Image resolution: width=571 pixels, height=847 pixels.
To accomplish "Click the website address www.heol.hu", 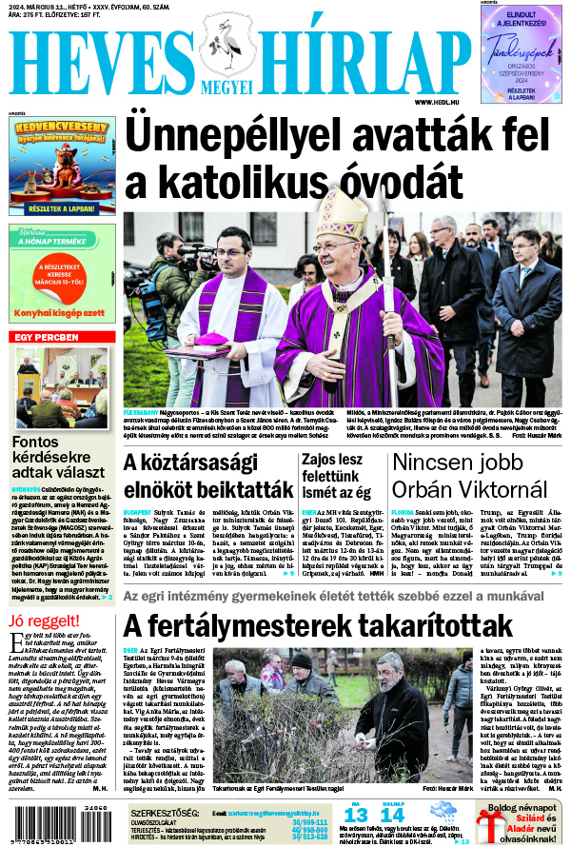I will [439, 102].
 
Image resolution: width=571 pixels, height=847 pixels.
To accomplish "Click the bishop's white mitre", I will [342, 210].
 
